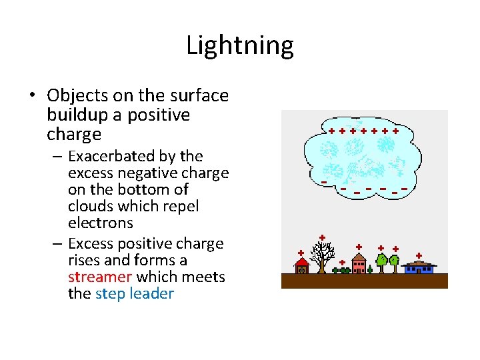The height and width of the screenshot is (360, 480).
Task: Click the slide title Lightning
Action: (239, 46)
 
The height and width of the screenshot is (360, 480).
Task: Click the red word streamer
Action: (99, 277)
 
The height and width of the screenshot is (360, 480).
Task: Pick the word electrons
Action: (101, 223)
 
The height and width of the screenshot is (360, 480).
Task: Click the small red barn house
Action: (302, 267)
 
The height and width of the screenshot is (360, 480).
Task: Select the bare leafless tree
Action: (323, 257)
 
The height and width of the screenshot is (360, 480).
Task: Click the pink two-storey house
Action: (359, 264)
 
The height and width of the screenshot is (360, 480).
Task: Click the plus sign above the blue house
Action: (419, 255)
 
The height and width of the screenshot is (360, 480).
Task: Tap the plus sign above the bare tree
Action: (322, 237)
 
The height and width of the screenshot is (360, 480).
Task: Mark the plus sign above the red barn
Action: (301, 253)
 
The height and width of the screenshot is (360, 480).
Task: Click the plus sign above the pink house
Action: (359, 247)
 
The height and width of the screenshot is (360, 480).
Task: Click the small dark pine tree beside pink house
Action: (370, 269)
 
